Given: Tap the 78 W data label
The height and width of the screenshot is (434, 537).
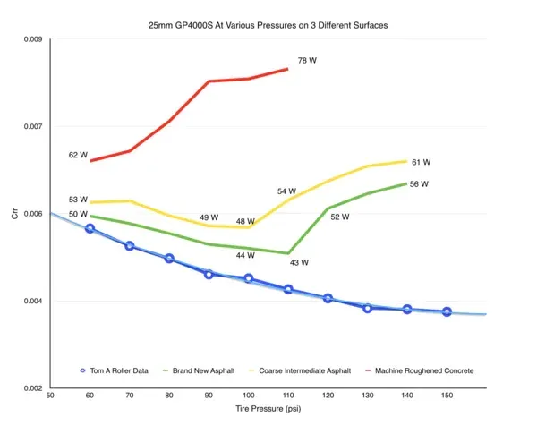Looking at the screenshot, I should (x=307, y=61).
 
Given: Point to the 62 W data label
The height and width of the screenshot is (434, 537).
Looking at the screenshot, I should (x=78, y=155).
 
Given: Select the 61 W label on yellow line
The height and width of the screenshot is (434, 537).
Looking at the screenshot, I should (x=422, y=163).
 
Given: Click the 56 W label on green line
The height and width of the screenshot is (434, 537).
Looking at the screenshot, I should (x=419, y=184).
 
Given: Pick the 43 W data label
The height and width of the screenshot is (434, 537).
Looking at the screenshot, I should (x=299, y=263).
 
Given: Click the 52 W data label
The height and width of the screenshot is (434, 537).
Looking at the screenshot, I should (x=340, y=217).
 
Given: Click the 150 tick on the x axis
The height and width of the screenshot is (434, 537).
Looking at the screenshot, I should (x=447, y=395).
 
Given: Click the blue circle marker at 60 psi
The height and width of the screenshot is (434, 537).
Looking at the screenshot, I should (x=89, y=229).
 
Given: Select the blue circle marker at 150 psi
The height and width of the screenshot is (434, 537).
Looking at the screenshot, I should (x=447, y=312).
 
